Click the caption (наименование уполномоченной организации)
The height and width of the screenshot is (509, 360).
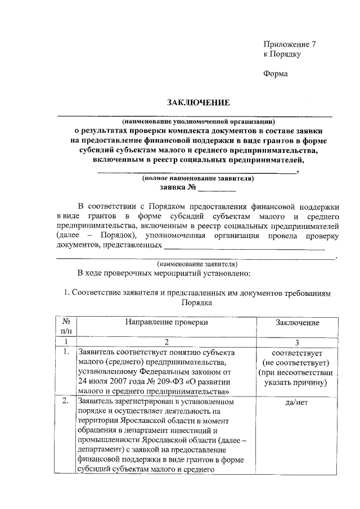coord(199,121)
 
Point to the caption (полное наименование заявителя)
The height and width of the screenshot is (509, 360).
coord(198,179)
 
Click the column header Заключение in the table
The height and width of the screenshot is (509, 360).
coord(298,323)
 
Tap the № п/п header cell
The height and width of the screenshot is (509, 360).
coord(66,327)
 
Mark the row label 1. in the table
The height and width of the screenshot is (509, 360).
coord(66,353)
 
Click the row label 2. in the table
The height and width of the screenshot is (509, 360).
coord(66,402)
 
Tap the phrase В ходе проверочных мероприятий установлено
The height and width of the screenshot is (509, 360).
coord(167,273)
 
